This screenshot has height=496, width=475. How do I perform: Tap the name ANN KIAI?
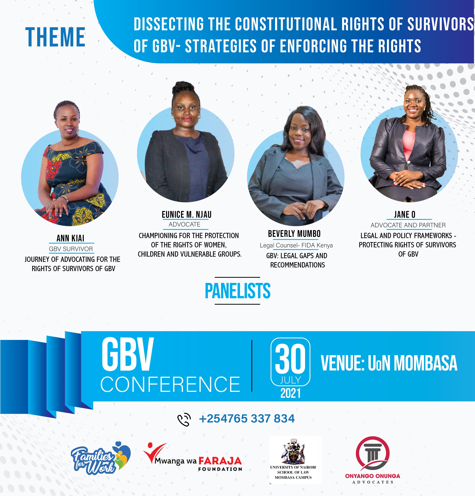70,238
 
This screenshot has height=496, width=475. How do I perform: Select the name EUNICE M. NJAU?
187,215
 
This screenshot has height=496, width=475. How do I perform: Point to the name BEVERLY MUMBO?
294,234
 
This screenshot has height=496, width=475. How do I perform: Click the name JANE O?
405,215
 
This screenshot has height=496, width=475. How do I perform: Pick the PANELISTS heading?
237,291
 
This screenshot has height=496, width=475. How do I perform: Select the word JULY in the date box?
290,380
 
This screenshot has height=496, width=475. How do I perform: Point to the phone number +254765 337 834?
247,418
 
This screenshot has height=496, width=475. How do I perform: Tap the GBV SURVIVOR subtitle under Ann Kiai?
71,249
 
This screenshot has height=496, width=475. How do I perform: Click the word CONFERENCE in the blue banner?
170,384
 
